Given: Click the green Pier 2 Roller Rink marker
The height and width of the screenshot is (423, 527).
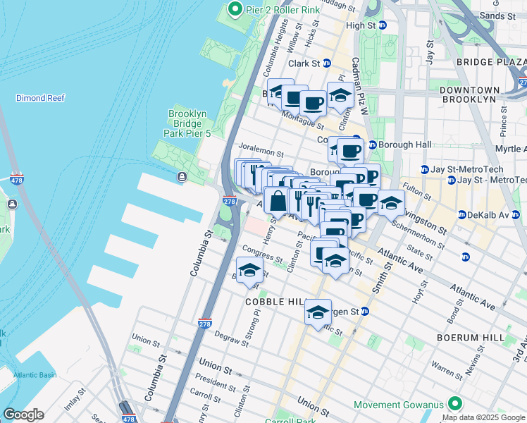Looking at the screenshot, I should coord(235,9).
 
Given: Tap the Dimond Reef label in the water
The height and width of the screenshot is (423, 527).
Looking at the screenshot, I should coord(40,98).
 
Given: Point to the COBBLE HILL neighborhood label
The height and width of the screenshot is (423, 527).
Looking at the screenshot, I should coord(273,301).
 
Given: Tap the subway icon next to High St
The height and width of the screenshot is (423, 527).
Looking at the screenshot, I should coord(383,25).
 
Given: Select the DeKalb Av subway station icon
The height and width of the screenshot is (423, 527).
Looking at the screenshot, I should coord(461,214).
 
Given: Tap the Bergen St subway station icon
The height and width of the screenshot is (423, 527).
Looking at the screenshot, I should coord(364,311).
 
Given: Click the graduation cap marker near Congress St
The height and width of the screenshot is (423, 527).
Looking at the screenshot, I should coord(249,271).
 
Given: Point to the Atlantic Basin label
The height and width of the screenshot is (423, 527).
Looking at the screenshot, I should coord(35,375).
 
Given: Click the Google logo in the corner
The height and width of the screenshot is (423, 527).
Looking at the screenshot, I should coord(23,415).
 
